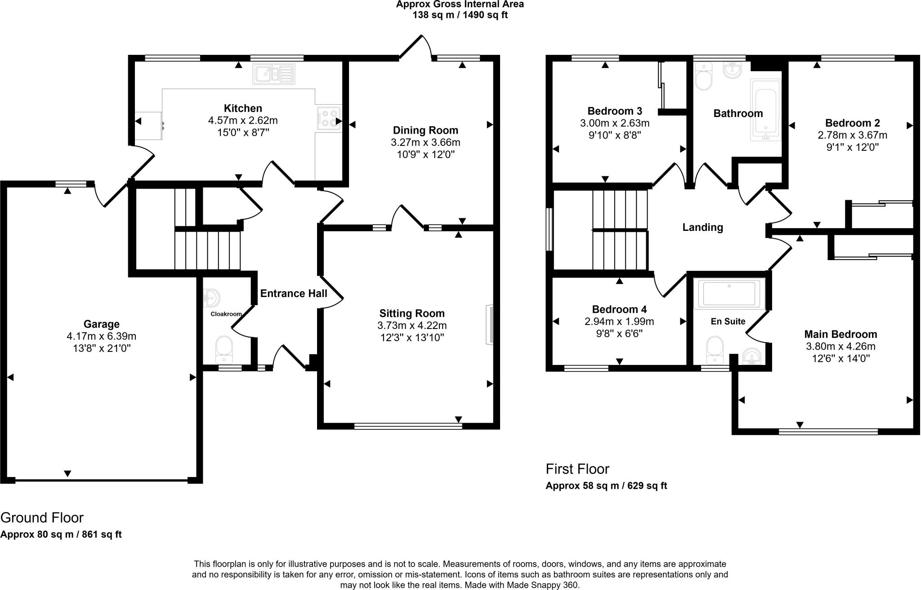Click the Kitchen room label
click(243, 108)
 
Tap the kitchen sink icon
click(274, 74)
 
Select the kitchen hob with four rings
click(329, 118)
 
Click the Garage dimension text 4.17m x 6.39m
click(101, 336)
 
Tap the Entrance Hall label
click(294, 293)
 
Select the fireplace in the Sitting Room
click(489, 325)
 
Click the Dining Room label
click(425, 131)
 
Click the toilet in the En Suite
click(714, 349)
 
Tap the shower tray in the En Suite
click(729, 293)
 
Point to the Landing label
click(702, 227)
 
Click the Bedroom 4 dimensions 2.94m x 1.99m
click(619, 321)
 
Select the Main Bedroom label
click(841, 334)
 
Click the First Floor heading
click(577, 469)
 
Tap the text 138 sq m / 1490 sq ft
click(460, 15)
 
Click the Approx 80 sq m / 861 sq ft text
click(61, 535)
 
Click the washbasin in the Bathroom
click(733, 70)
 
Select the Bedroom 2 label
click(852, 123)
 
